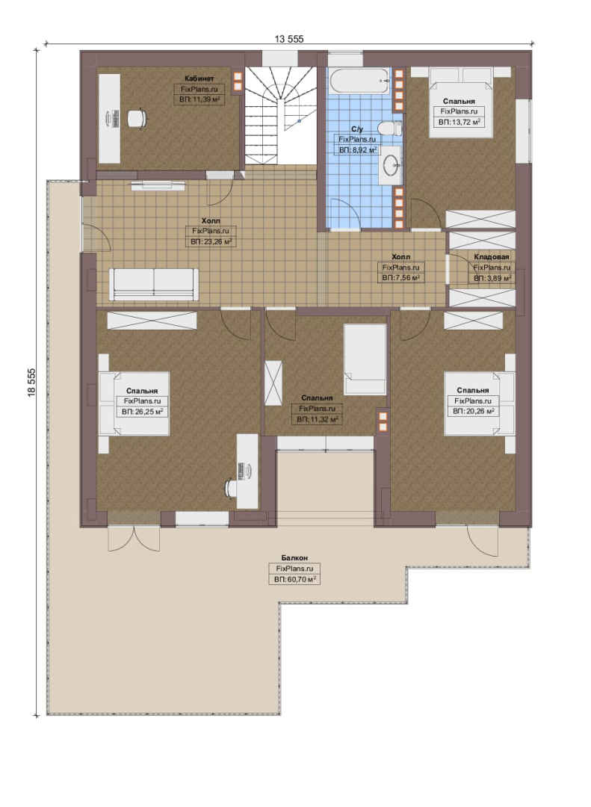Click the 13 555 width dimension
pos(289,39)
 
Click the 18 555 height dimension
pos(32,382)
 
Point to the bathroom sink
pos(392,164)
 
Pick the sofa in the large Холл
pos(154,284)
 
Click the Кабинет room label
pos(199,78)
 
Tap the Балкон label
pos(294,558)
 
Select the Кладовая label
pos(492,257)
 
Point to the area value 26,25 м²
pos(142,412)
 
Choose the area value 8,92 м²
pos(357,150)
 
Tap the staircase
pos(280,115)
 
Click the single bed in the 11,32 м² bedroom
pos(365,359)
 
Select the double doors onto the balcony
pos(134,538)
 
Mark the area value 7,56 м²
pos(400,278)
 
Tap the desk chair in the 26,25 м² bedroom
pos(232,487)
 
